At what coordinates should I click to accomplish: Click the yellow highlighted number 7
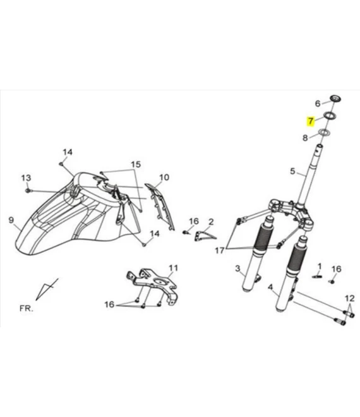click(x=310, y=121)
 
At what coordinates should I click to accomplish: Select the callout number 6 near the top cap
click(x=318, y=104)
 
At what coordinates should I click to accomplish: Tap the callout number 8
click(x=305, y=138)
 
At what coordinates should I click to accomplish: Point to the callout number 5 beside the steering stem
click(x=292, y=171)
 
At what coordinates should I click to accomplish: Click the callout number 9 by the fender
click(x=11, y=221)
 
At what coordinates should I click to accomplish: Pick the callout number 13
click(x=26, y=178)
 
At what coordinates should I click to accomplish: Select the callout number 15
click(x=135, y=164)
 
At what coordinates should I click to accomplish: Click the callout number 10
click(x=164, y=178)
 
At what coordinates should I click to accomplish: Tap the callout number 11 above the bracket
click(x=173, y=268)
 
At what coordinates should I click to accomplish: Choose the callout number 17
click(x=220, y=251)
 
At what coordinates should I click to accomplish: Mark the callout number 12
click(x=350, y=298)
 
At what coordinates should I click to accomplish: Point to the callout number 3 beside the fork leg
click(x=237, y=269)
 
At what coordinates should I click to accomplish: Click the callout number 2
click(x=211, y=222)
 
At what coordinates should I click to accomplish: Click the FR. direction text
click(x=27, y=308)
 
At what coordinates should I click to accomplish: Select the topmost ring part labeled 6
click(x=335, y=99)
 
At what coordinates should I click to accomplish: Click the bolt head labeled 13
click(x=28, y=191)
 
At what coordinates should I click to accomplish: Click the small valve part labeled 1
click(x=317, y=277)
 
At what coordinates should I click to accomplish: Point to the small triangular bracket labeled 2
click(x=205, y=236)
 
